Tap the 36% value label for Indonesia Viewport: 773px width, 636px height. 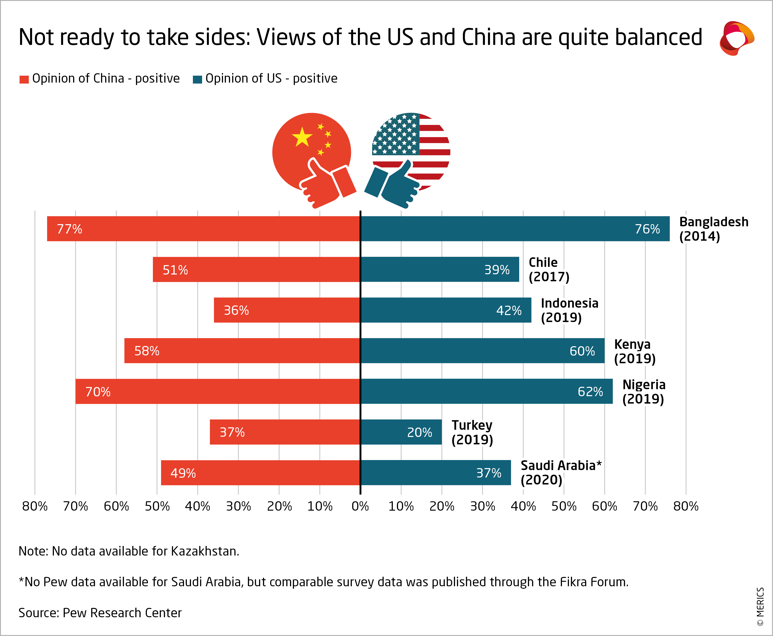click(236, 310)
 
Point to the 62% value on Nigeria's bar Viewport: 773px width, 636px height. click(590, 392)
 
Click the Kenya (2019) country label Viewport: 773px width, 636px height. click(634, 351)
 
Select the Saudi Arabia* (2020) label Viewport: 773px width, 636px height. click(561, 473)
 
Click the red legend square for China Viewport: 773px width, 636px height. click(24, 79)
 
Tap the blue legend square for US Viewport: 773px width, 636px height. click(197, 79)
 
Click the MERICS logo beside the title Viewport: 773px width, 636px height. click(736, 38)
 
